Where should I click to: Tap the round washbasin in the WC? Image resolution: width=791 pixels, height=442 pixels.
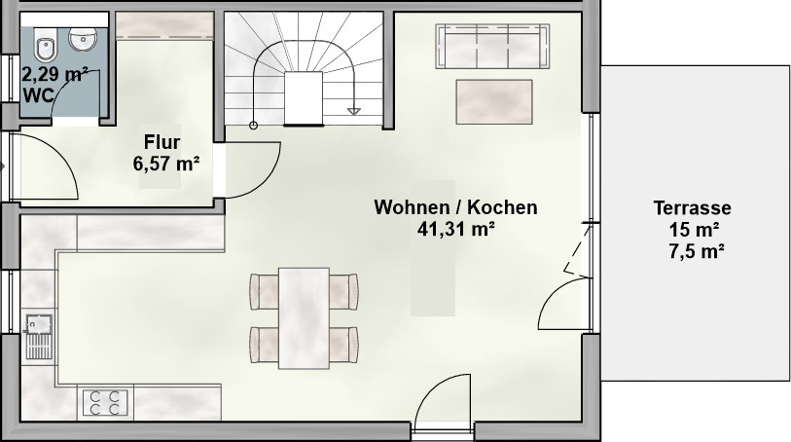pos(83,39)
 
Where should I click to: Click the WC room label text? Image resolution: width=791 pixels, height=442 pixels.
pos(38,94)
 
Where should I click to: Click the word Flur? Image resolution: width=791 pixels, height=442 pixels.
pos(162,142)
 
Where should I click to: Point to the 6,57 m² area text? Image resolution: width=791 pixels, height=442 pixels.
pos(166,164)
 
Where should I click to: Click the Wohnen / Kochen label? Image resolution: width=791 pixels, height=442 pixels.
pos(455,207)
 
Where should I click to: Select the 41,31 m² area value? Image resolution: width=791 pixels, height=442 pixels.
pos(455,229)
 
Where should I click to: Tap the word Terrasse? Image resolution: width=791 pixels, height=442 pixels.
pos(692,208)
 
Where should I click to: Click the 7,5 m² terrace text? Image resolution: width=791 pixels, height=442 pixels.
pos(697,251)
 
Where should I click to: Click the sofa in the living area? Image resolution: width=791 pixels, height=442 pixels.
pos(492,46)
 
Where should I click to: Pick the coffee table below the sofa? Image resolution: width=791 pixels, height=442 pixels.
pos(494,101)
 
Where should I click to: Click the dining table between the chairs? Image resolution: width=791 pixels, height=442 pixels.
pos(304,318)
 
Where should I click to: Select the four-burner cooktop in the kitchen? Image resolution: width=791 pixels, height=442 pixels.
pos(105,402)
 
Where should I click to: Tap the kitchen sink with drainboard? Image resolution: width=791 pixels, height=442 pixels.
pos(39,337)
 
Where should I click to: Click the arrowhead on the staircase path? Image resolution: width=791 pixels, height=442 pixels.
pos(353,111)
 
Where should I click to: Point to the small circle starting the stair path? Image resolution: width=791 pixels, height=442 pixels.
pos(253,126)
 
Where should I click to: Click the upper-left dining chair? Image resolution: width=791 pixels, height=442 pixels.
pos(265,292)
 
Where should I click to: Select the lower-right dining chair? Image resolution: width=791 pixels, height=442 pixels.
pos(344,345)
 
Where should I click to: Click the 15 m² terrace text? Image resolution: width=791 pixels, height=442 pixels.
pos(694,230)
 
